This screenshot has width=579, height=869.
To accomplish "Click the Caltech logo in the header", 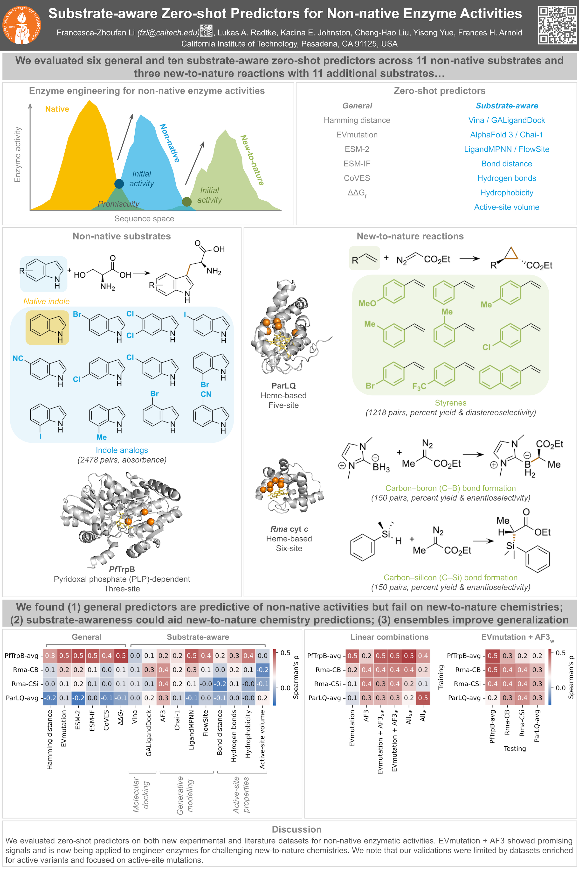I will click(x=22, y=25).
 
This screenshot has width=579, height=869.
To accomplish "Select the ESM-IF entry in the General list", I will click(x=357, y=164).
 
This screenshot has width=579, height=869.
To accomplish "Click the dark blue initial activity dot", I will click(x=119, y=184).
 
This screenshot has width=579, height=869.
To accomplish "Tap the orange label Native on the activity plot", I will click(x=57, y=109).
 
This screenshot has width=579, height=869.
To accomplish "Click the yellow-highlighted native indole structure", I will click(x=47, y=327).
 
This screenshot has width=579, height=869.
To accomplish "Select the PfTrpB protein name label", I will click(x=122, y=569).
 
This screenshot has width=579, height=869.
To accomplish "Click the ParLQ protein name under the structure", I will click(x=284, y=386).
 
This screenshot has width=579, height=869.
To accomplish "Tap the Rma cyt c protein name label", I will click(x=289, y=529).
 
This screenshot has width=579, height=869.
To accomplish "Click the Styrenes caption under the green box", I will click(x=450, y=403).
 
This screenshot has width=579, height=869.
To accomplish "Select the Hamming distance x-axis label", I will click(x=50, y=739).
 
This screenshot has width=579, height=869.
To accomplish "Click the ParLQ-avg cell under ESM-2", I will click(x=78, y=698).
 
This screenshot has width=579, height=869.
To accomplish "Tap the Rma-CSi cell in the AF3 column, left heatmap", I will click(x=163, y=684).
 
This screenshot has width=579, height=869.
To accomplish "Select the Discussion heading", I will click(x=296, y=829).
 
